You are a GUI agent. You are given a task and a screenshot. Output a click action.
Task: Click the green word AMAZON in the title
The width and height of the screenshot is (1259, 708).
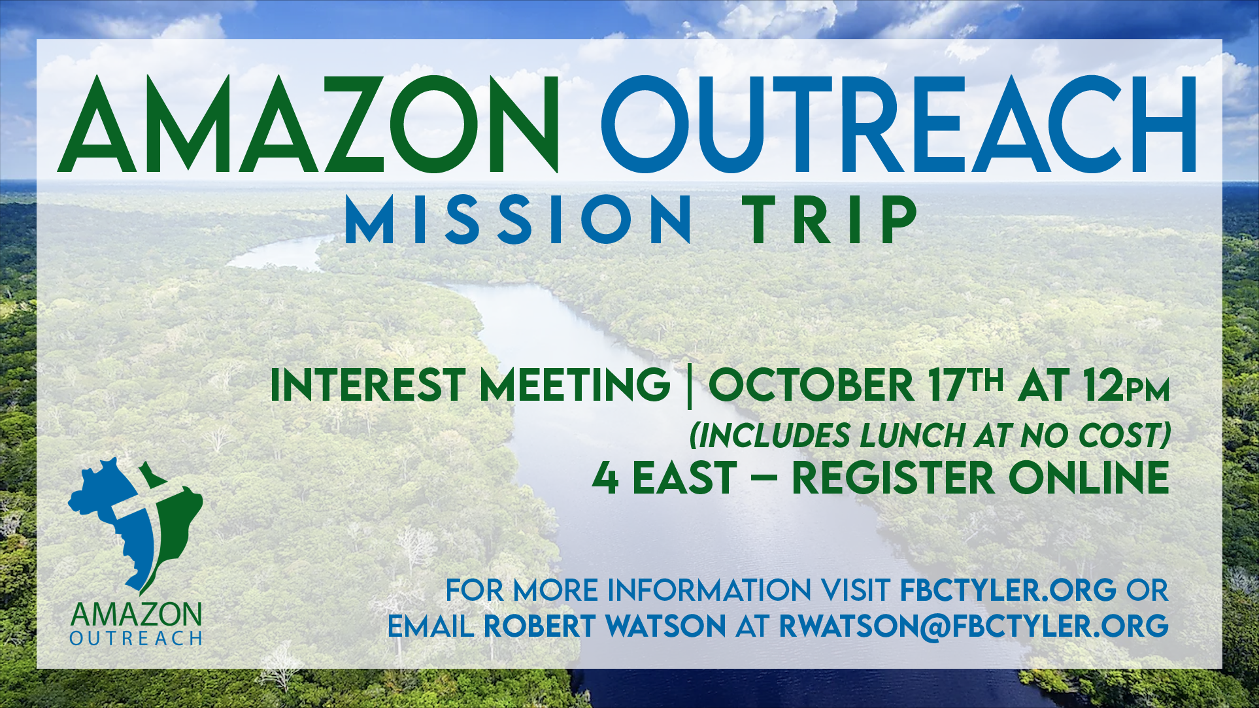308,124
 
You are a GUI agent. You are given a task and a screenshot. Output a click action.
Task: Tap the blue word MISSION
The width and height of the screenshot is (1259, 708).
518,220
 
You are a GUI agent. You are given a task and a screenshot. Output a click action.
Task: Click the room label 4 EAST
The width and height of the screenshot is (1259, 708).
665,477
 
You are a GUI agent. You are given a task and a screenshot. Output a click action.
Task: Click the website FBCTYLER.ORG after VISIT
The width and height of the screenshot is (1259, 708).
1008,590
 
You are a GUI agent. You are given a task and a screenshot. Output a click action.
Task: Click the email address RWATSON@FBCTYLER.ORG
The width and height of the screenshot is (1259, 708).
974,626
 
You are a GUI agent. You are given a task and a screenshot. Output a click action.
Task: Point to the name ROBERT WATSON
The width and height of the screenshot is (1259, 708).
605,626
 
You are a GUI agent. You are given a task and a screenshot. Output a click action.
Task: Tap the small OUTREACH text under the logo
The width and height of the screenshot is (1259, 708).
136,638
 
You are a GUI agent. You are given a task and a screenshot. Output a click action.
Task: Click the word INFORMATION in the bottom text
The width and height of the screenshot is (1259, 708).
709,590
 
